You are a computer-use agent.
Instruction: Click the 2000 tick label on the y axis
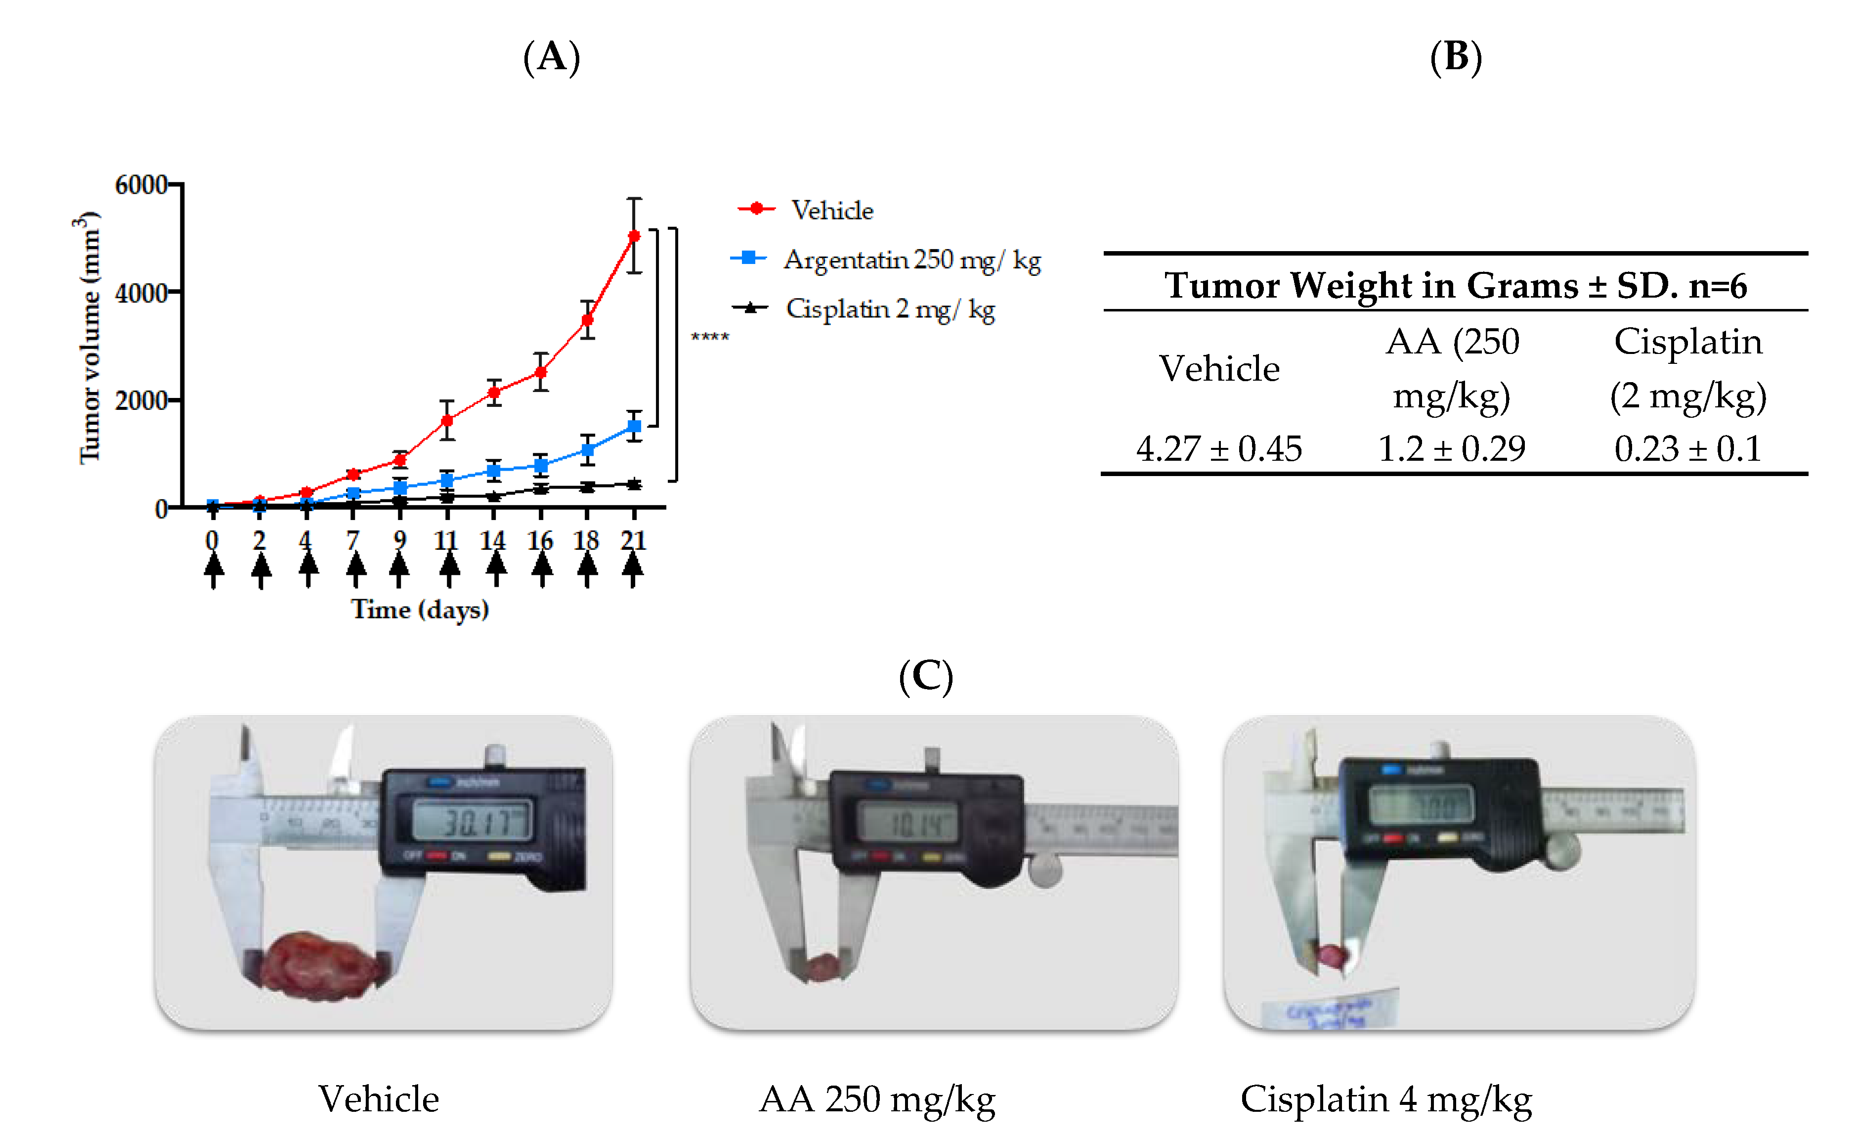tap(141, 400)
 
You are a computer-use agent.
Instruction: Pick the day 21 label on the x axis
tap(633, 540)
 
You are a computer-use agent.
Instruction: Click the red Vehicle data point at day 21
tap(634, 236)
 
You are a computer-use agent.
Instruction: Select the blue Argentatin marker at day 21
tap(634, 426)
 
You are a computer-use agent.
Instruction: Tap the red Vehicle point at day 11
tap(447, 420)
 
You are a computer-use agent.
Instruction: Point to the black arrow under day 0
tap(214, 570)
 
